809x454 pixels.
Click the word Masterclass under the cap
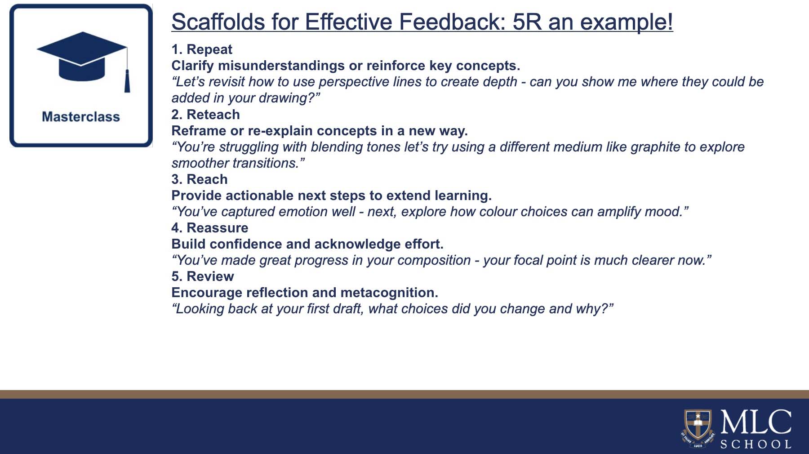81,117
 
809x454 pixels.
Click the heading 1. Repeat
202,49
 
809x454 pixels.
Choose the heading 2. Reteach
205,115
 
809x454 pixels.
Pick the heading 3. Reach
200,179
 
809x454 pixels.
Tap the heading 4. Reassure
209,228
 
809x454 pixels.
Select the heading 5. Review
203,276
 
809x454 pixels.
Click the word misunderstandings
281,66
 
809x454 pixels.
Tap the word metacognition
389,293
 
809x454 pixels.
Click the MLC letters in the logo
756,422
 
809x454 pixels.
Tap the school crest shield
698,425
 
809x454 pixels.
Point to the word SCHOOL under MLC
756,444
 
